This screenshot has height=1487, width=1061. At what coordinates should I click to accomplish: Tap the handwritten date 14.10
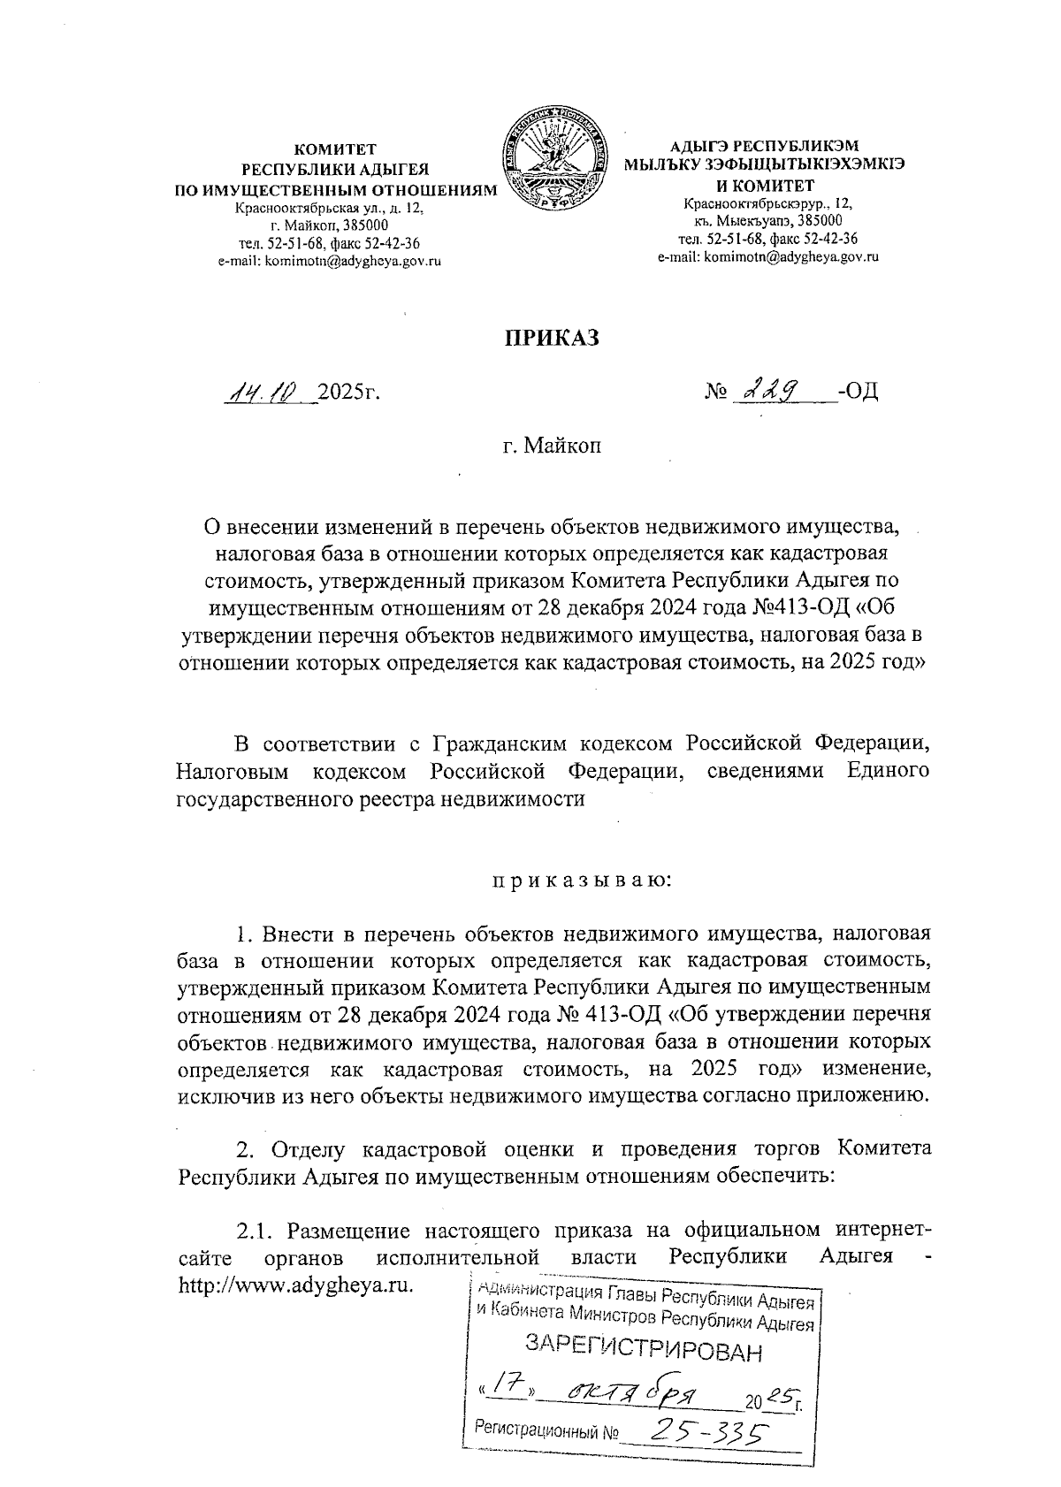(x=264, y=391)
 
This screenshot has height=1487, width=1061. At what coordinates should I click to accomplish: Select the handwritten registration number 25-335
(x=703, y=1433)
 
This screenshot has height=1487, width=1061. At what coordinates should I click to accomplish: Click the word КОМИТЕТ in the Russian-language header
(x=335, y=149)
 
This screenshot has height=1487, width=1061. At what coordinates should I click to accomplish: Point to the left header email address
(x=330, y=261)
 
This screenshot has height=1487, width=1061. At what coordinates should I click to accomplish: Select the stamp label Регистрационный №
(x=546, y=1430)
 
